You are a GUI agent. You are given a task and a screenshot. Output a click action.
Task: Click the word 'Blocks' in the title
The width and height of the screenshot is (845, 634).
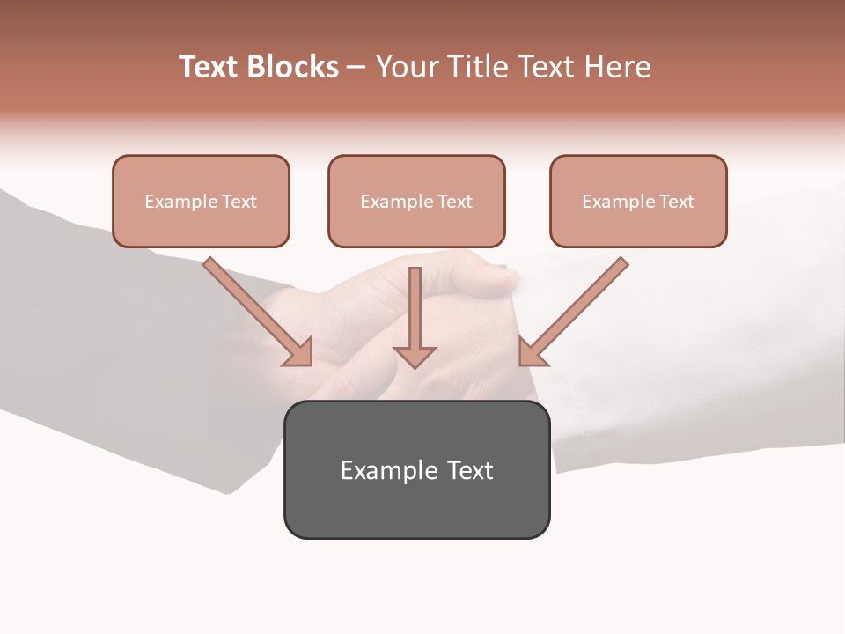[292, 67]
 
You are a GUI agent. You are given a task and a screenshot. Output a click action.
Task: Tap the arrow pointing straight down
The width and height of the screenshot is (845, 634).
[415, 308]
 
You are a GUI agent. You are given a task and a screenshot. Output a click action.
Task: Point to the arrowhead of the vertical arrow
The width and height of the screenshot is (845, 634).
[415, 357]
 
